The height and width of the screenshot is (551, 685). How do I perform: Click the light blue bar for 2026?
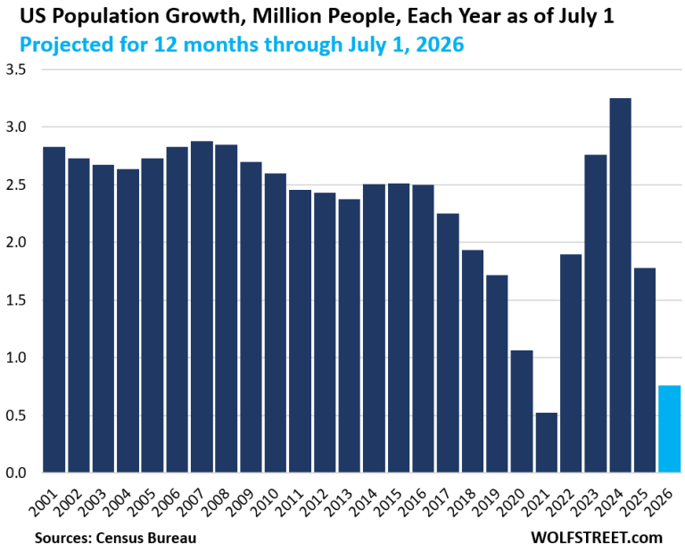(669, 429)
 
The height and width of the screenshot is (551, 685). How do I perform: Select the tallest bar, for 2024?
(620, 285)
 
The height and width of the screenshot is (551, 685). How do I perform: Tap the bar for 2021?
(522, 442)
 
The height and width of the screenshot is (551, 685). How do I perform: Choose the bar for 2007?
(202, 307)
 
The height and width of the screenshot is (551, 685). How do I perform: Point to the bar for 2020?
(497, 411)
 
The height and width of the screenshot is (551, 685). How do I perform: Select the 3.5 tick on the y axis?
(18, 70)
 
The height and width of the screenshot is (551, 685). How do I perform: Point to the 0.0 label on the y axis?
(18, 473)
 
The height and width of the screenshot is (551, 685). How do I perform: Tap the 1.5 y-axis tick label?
(18, 300)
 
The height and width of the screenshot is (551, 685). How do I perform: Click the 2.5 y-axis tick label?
(18, 185)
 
